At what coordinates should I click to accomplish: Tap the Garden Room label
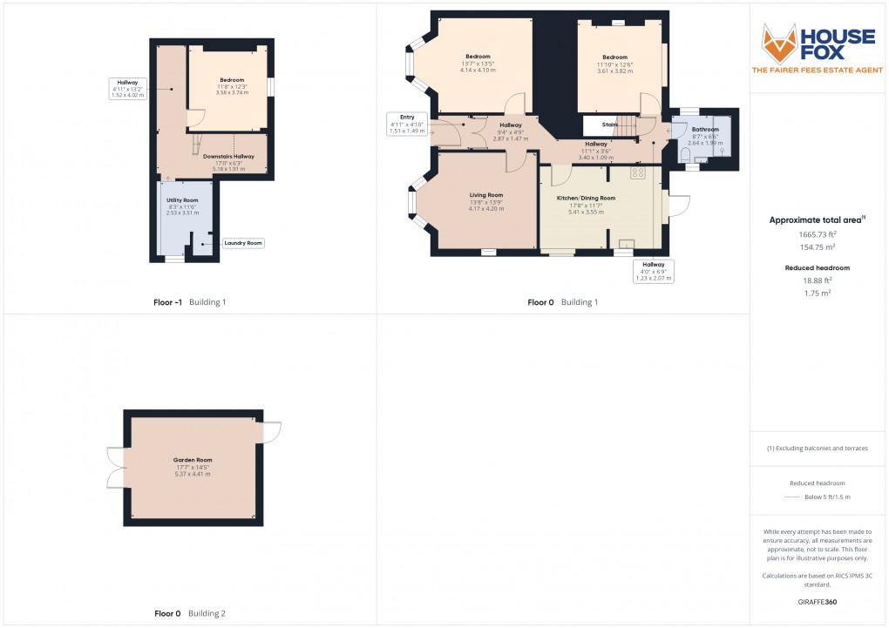point(193,460)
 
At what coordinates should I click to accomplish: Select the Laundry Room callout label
point(243,243)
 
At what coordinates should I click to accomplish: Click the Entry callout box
point(407,124)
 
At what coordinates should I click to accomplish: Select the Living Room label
point(485,195)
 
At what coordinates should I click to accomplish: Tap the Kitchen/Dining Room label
point(586,198)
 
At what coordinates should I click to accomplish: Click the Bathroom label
point(705,130)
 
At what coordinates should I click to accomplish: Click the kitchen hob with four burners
point(637,172)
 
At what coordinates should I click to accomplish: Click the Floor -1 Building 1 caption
point(189,302)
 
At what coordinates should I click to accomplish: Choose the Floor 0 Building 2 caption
point(189,613)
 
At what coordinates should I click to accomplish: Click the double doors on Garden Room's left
point(114,468)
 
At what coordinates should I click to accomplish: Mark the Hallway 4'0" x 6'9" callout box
point(654,271)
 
